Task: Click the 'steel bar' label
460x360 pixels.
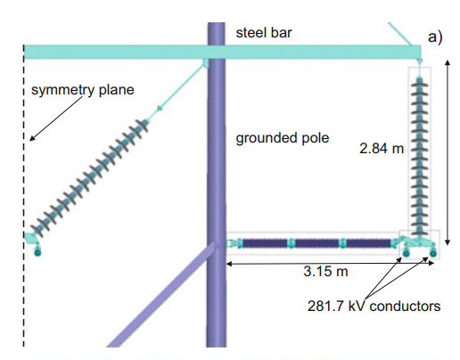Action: click(264, 33)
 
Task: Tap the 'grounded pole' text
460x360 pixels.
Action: click(283, 138)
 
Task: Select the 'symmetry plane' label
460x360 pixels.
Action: click(83, 90)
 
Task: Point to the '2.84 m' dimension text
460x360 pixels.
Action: click(382, 148)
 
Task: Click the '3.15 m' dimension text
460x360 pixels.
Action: click(325, 271)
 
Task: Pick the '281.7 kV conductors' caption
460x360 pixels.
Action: click(374, 306)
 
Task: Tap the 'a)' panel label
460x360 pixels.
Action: click(435, 37)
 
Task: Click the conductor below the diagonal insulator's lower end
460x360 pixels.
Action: click(37, 252)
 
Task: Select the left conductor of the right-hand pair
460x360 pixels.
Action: click(406, 253)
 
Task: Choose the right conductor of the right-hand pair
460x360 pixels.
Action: click(433, 253)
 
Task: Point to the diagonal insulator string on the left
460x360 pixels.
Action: click(89, 179)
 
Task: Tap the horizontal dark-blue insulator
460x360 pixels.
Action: click(316, 243)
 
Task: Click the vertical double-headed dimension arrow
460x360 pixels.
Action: click(448, 152)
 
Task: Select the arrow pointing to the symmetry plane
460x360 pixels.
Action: click(55, 119)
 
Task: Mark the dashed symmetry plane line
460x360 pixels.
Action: click(24, 195)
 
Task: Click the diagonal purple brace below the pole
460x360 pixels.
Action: click(162, 294)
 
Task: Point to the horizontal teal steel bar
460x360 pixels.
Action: click(222, 53)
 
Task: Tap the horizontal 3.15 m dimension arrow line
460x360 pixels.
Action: click(330, 263)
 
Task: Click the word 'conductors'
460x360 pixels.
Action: click(405, 306)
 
